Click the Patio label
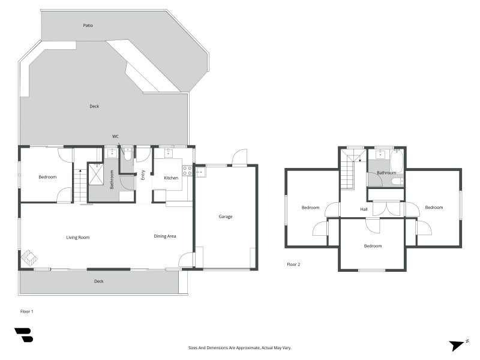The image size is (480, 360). click(88, 25)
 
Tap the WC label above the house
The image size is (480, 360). click(115, 136)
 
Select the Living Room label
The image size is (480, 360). click(78, 238)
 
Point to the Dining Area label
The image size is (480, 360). click(165, 236)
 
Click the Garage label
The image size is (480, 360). click(225, 217)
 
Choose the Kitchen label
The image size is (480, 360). click(171, 178)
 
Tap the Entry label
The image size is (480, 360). click(143, 175)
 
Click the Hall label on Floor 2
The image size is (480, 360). click(364, 209)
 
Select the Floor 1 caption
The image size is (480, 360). click(28, 311)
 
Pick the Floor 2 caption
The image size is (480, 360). click(293, 264)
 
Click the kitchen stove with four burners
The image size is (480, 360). click(187, 171)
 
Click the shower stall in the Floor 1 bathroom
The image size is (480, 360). click(96, 174)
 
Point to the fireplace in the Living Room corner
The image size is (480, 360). click(29, 258)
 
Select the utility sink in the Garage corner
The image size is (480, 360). click(200, 172)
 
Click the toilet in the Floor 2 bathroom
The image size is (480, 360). click(396, 181)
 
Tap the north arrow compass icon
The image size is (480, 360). click(458, 345)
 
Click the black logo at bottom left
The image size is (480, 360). click(23, 335)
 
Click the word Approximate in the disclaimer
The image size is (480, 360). click(238, 347)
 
